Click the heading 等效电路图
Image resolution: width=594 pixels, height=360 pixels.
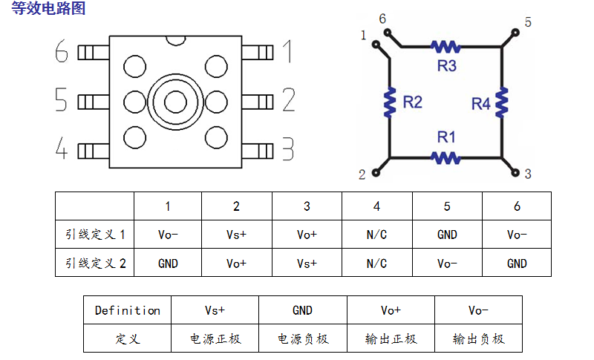tap(48, 9)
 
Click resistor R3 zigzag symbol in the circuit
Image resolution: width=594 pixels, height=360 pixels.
tap(446, 47)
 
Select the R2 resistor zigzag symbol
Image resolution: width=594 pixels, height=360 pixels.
tap(389, 102)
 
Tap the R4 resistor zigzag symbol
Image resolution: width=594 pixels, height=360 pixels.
tap(502, 102)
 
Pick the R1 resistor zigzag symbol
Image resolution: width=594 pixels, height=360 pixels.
tap(446, 157)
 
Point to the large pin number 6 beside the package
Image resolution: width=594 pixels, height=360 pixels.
tap(62, 53)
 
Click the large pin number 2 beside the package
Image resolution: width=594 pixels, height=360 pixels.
tap(288, 100)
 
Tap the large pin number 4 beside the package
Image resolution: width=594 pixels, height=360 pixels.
tap(62, 150)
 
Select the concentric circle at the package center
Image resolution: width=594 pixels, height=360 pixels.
tap(175, 101)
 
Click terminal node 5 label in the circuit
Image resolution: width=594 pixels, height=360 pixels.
tap(528, 22)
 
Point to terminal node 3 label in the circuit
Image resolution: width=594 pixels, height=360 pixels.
tap(528, 174)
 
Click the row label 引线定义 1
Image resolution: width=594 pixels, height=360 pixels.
tap(94, 235)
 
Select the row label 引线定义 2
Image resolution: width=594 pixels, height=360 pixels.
tap(94, 263)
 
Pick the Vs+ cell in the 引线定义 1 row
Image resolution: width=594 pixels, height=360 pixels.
tap(236, 235)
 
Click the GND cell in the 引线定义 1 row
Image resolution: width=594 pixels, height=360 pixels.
tap(447, 235)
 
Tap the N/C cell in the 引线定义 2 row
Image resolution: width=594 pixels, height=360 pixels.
tap(376, 263)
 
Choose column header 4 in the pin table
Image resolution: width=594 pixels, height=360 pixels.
tap(376, 206)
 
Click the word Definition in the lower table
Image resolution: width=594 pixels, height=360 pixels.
tap(127, 310)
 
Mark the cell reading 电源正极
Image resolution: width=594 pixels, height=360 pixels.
tap(215, 338)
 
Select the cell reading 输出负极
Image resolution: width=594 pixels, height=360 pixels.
tap(478, 338)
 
